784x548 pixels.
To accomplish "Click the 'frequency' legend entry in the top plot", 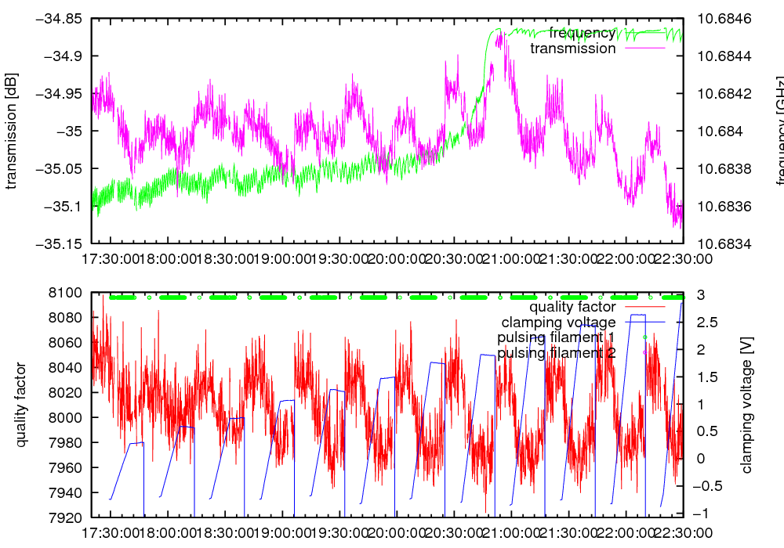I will click(x=582, y=33).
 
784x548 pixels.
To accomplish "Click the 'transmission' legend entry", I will click(x=573, y=49).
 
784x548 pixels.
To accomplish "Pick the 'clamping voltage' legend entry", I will click(x=558, y=322).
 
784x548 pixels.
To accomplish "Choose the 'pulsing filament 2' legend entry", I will click(x=556, y=353).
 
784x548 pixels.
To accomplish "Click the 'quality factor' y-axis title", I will click(x=21, y=405).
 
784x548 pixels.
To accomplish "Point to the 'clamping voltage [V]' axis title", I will click(x=746, y=405).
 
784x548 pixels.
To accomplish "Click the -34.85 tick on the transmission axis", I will click(x=60, y=18).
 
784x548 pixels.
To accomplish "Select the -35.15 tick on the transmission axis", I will click(x=60, y=243).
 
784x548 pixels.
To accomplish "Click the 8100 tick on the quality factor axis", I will click(x=67, y=293).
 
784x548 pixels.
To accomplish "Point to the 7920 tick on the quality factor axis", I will click(x=67, y=517).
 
